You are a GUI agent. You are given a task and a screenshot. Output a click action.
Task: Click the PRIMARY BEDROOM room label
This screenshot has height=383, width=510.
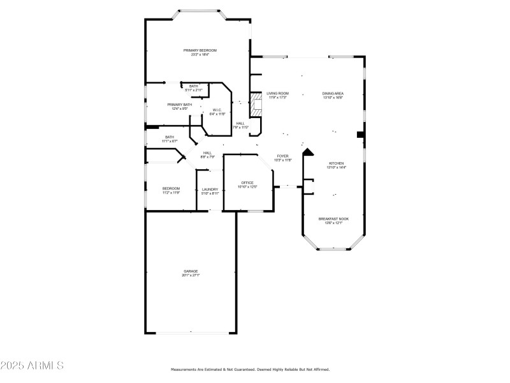[200, 50]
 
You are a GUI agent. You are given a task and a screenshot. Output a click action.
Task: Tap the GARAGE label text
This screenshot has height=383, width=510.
[191, 271]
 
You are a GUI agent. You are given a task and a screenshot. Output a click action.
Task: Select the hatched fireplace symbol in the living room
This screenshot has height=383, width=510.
[256, 105]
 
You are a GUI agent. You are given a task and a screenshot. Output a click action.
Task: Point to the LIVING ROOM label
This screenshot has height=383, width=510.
[277, 93]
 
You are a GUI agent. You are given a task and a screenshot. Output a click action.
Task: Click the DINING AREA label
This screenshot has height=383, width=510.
[333, 93]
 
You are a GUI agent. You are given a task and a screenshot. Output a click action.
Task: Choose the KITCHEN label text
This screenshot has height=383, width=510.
[336, 163]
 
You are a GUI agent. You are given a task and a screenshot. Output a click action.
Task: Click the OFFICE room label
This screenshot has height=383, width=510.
[247, 183]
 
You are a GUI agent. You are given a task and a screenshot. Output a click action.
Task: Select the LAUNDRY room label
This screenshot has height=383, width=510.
[210, 189]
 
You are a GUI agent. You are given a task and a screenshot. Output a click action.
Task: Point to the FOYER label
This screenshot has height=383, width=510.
[282, 156]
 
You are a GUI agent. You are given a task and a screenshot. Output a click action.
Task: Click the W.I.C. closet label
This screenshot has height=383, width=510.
[217, 109]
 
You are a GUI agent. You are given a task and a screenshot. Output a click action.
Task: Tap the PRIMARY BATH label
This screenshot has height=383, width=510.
[179, 105]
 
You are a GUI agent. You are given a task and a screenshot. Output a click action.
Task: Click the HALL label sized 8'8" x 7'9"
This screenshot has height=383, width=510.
[208, 153]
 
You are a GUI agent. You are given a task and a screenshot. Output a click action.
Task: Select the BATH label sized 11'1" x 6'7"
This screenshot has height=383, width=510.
[170, 137]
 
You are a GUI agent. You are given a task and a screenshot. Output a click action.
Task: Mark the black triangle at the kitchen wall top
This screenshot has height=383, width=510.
[309, 153]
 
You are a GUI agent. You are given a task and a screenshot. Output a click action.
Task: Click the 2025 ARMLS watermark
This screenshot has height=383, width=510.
[32, 366]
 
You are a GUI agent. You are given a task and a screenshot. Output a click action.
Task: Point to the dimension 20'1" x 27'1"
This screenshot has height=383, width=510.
[191, 276]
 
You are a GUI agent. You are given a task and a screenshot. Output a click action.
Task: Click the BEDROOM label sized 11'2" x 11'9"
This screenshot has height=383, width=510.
[171, 188]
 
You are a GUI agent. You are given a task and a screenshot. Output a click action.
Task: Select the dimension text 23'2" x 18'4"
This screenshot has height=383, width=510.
[200, 55]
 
